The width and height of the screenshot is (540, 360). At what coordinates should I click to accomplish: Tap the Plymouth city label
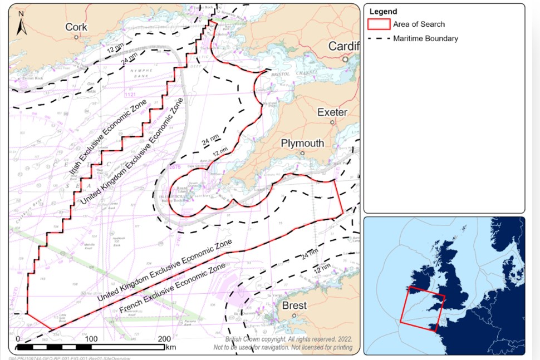tap(302, 143)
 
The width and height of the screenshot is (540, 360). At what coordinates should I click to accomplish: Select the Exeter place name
tap(332, 112)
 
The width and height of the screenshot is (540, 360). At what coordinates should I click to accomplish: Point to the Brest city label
tap(294, 305)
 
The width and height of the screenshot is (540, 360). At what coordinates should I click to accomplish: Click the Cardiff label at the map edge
tap(343, 46)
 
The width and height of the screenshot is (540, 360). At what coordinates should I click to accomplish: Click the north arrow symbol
tap(21, 27)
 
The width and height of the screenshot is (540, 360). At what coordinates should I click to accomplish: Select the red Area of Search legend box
tap(379, 24)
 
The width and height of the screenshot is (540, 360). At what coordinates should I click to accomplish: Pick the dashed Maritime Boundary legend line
tap(379, 38)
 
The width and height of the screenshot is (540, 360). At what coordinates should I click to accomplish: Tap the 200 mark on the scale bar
tap(165, 339)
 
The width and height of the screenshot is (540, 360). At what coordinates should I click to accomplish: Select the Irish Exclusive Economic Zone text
tap(102, 142)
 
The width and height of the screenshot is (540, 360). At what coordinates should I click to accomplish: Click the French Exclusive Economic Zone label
tap(173, 289)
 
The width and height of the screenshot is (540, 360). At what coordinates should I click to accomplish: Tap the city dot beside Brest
tap(294, 315)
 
